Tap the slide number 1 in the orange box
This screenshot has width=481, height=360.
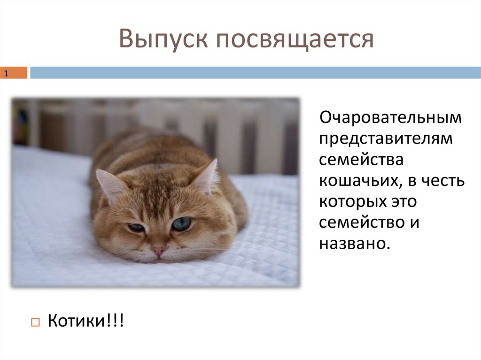tap(7, 73)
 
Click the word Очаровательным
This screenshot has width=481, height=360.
tap(390, 118)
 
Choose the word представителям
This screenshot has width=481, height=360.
tap(386, 139)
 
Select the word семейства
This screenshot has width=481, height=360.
tap(361, 160)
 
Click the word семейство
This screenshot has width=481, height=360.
tap(357, 223)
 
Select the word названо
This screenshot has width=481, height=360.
tap(354, 244)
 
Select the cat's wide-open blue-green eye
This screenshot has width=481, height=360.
tap(181, 224)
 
